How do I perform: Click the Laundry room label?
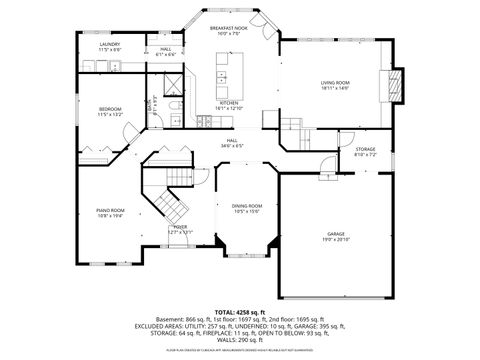click(110, 45)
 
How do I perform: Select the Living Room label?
click(334, 82)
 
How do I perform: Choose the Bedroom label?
click(110, 108)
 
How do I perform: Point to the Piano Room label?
click(110, 210)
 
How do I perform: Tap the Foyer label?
click(180, 227)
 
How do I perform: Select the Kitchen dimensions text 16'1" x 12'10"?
click(229, 108)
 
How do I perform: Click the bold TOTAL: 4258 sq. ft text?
click(240, 312)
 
